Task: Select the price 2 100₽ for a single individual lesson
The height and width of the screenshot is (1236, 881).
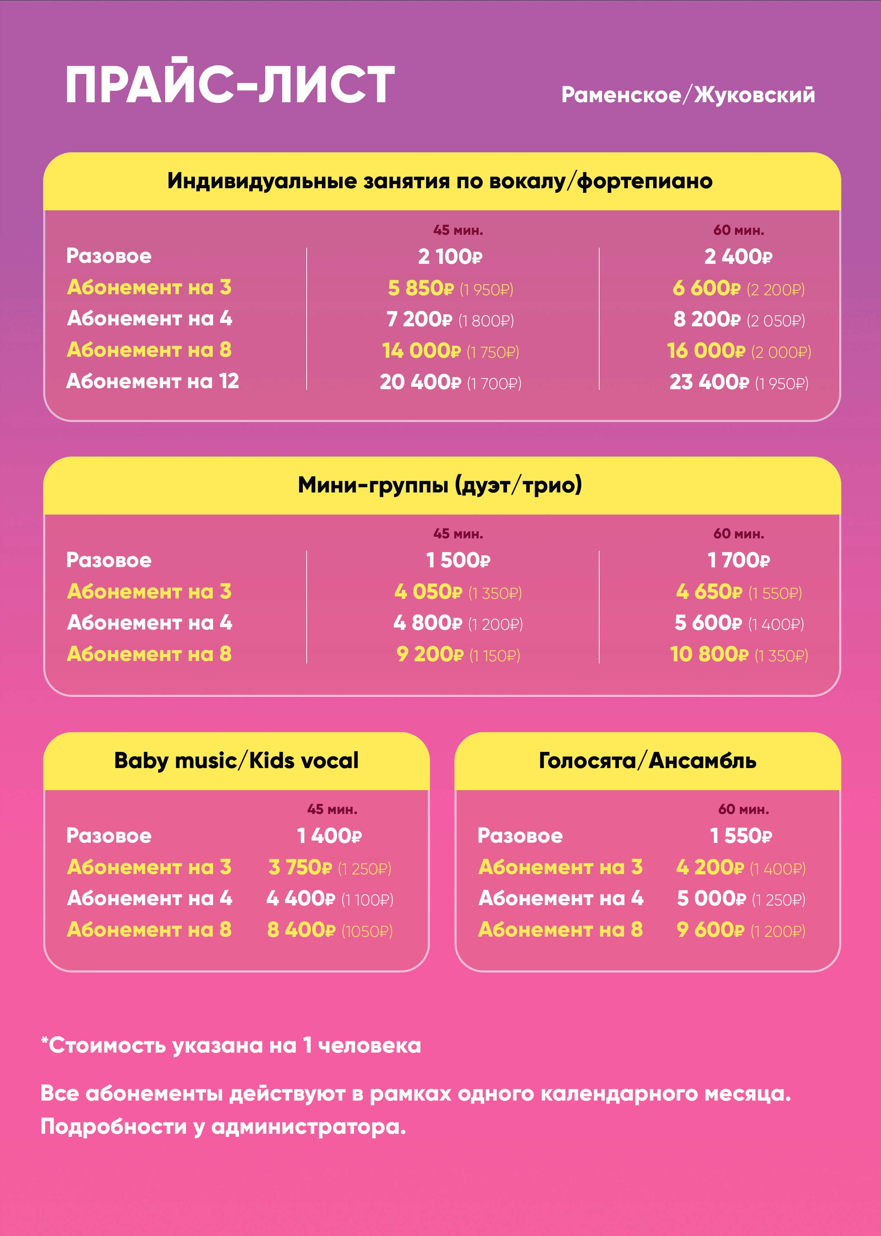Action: [450, 257]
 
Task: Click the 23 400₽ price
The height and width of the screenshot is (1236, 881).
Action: [708, 382]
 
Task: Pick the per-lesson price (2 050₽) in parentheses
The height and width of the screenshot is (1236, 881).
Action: [776, 320]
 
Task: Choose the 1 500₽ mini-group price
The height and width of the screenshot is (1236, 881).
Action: [458, 560]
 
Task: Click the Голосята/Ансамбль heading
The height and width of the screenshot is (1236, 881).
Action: [647, 760]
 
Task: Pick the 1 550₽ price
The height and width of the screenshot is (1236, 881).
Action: [740, 836]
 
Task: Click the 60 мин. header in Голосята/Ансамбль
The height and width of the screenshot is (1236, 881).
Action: [743, 809]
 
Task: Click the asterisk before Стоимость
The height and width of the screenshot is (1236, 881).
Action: [45, 1040]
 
